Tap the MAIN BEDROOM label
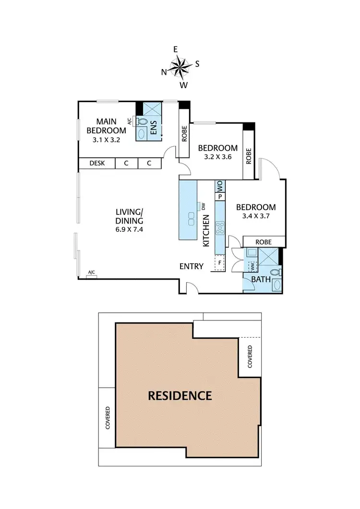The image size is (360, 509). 106,126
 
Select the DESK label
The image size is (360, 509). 97,163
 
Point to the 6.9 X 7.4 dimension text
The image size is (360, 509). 129,229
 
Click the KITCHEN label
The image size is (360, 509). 206,230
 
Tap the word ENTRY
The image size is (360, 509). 192,266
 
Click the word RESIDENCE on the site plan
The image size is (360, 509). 180,396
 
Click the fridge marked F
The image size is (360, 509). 220,263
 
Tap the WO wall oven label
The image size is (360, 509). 220,185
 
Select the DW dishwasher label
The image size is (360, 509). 204,207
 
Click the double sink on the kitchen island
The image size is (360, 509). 191,219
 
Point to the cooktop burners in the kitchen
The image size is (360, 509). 220,227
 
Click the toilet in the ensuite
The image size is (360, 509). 142,121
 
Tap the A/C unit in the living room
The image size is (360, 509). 91,273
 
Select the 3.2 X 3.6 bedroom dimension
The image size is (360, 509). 218,156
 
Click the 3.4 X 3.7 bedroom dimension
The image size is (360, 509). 256,216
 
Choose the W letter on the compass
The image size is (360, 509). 183,85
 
